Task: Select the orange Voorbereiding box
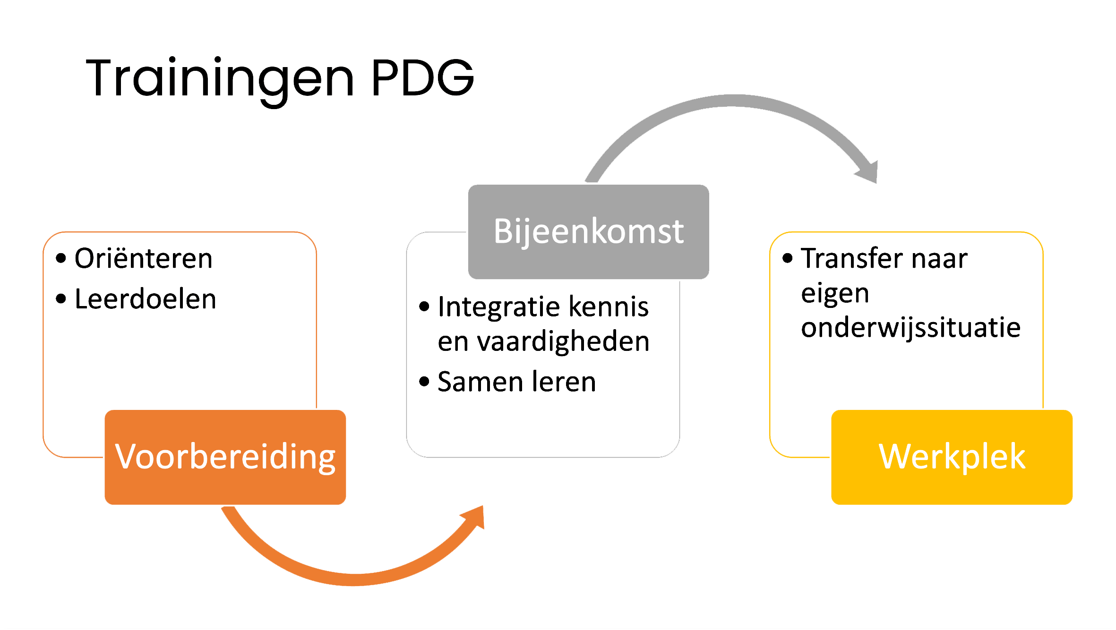(225, 457)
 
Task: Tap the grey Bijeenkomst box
(588, 231)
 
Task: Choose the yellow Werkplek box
(952, 457)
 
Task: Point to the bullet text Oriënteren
(144, 258)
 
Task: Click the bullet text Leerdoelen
(146, 299)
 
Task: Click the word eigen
(835, 294)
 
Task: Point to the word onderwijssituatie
(910, 328)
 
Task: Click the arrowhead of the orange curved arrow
(475, 517)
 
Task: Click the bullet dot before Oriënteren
(61, 258)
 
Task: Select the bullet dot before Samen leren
(424, 381)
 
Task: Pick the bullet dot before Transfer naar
(787, 258)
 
